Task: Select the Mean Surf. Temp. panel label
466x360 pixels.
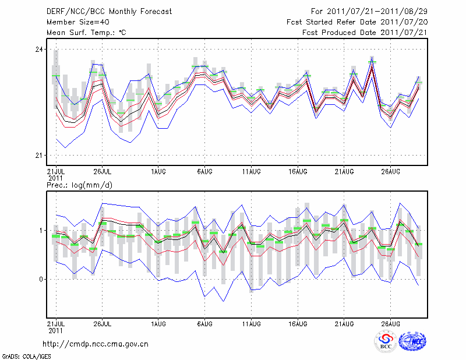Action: [x=86, y=33]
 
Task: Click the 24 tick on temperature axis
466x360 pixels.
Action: [x=39, y=50]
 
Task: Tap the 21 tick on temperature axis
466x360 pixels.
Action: [x=39, y=156]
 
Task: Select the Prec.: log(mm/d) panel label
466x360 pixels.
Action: [x=79, y=185]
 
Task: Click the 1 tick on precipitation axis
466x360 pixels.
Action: [x=41, y=230]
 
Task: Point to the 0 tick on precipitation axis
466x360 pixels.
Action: [x=41, y=279]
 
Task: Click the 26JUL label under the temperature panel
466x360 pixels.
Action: [x=103, y=172]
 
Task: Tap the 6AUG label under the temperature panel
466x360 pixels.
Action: [x=204, y=172]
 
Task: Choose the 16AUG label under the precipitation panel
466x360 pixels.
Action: [x=298, y=322]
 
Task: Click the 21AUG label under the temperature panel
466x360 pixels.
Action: [x=344, y=172]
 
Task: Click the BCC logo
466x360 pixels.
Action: [x=386, y=341]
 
